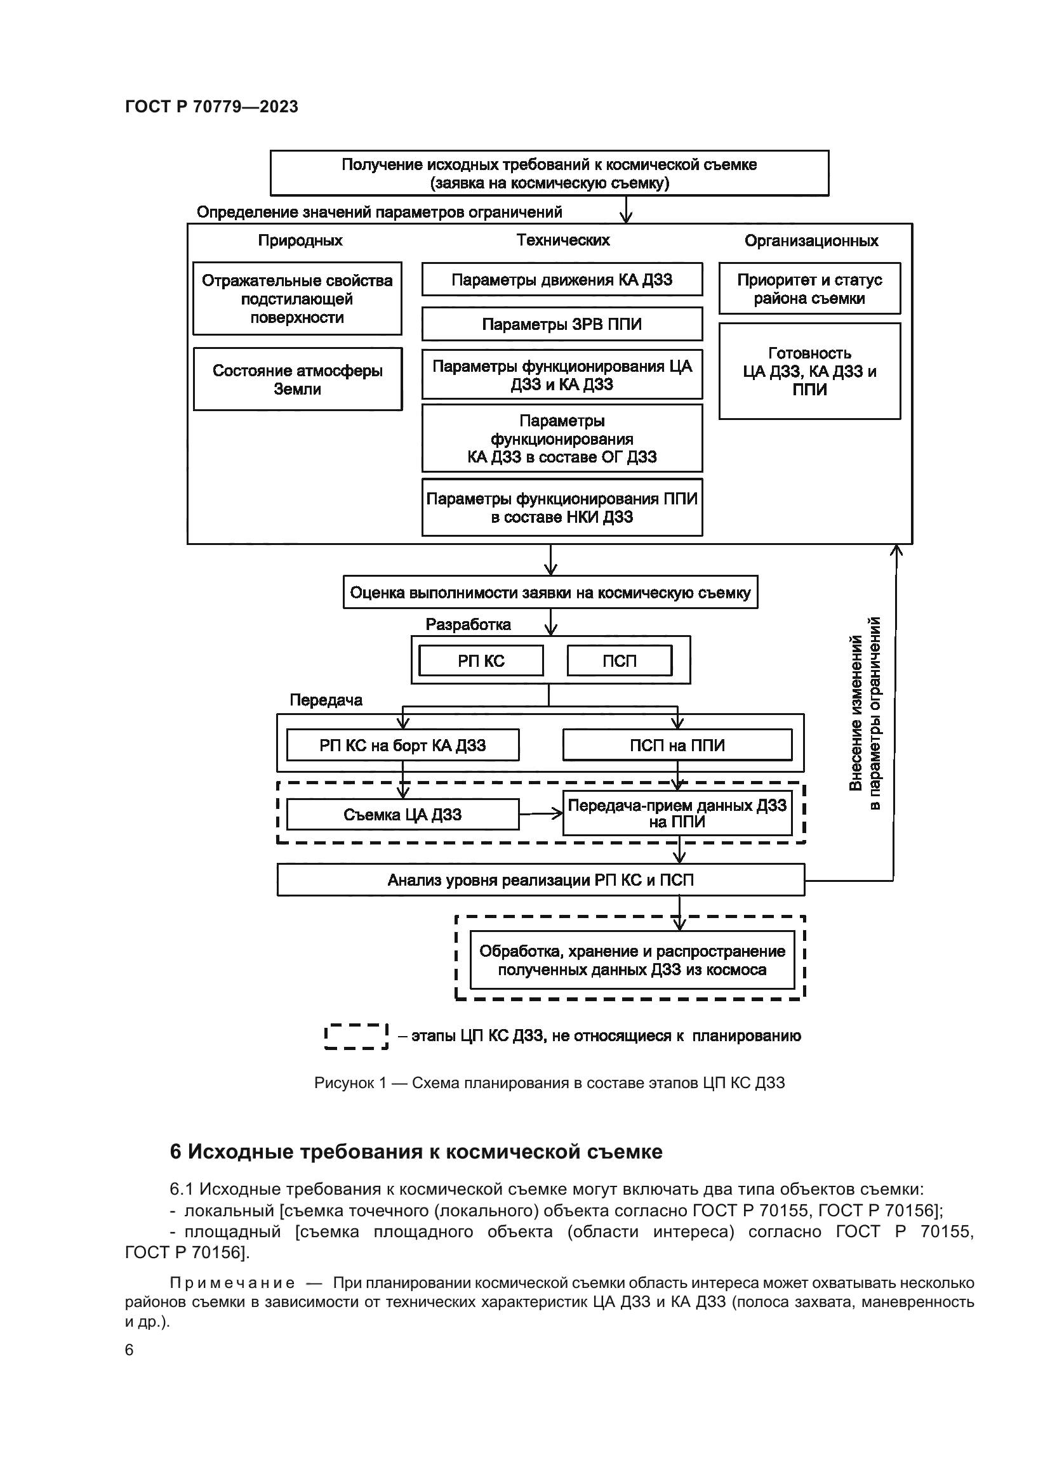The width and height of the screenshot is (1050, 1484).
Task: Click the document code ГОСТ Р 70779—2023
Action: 211,107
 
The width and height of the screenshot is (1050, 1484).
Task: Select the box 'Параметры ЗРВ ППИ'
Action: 562,324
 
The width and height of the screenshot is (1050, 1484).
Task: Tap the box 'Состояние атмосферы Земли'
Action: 297,379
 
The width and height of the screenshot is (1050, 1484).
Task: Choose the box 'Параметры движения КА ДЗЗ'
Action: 562,280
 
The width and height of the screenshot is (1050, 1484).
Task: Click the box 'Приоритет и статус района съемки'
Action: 809,289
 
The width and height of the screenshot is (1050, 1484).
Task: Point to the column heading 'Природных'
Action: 300,240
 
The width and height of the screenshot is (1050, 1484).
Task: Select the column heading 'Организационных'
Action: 811,241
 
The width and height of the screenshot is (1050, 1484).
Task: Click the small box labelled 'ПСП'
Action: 620,660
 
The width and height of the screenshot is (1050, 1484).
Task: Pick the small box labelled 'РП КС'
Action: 481,660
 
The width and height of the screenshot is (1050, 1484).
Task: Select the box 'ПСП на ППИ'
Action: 677,745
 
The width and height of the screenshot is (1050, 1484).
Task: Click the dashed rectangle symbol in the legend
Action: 356,1036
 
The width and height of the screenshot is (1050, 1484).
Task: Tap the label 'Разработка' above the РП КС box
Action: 468,624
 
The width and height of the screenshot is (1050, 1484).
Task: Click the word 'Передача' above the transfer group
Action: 326,700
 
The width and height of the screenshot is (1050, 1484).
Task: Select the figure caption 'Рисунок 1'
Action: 350,1082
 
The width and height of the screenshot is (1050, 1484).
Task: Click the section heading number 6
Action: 176,1152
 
